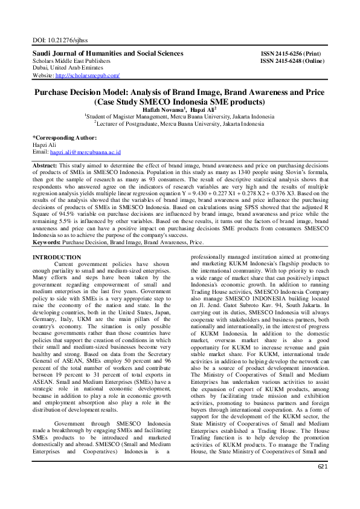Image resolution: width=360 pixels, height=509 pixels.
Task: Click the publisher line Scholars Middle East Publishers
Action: pyautogui.click(x=71, y=61)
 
